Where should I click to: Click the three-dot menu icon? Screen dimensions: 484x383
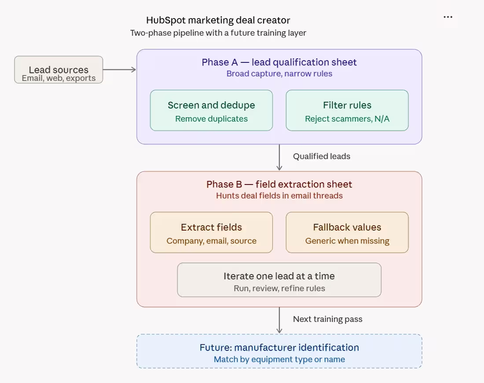[448, 17]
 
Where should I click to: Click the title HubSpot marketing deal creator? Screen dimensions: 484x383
[218, 20]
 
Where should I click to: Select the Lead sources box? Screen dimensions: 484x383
[59, 70]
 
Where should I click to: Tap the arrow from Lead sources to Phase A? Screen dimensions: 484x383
[119, 70]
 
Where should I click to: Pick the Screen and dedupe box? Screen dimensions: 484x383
[212, 110]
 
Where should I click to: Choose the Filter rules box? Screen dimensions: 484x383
[347, 110]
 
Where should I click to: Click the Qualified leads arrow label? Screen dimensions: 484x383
[322, 156]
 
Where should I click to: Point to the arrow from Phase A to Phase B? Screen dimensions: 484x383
[279, 157]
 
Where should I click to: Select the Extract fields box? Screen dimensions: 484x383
[212, 232]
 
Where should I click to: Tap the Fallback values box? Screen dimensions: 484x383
[347, 232]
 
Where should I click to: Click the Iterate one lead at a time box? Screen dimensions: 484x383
[279, 280]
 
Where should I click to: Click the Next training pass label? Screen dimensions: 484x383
[327, 319]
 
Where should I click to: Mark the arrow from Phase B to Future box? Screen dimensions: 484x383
[279, 320]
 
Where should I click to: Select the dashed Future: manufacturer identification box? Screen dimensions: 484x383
[279, 351]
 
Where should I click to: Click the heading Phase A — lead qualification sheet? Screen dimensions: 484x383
[279, 62]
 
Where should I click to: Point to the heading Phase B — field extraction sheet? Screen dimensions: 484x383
[279, 184]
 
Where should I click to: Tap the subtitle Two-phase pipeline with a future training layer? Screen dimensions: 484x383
[218, 33]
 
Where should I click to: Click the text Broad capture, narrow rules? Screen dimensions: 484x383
[279, 74]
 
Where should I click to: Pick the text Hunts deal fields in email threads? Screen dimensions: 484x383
[279, 195]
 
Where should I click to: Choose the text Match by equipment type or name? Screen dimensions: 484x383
[279, 359]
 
